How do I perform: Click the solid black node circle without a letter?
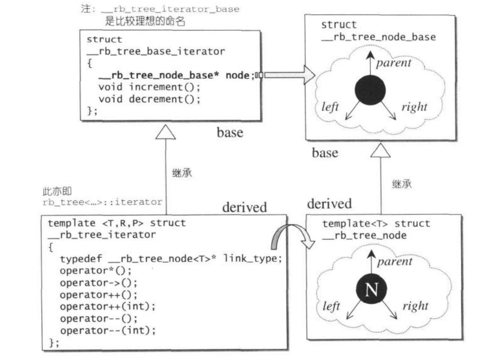(x=370, y=90)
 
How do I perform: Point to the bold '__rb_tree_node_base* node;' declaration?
(x=176, y=75)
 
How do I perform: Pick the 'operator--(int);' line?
(x=108, y=331)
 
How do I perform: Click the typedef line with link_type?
(x=171, y=259)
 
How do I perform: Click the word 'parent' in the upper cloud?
(x=393, y=63)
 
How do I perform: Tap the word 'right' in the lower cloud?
(x=415, y=306)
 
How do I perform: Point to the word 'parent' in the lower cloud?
(x=394, y=262)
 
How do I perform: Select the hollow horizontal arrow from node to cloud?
(x=287, y=75)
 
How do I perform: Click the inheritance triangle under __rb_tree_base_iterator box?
(x=165, y=131)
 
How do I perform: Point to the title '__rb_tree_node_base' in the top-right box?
(x=379, y=37)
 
